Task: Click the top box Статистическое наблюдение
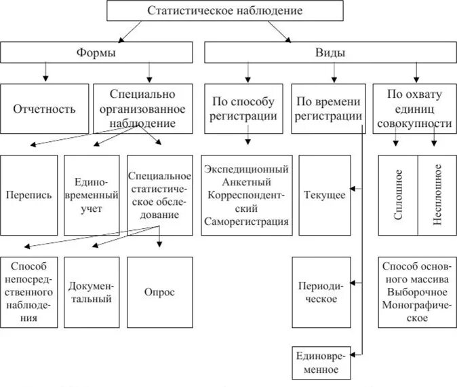tap(225, 11)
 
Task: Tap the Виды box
tap(330, 53)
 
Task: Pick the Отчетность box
tap(45, 109)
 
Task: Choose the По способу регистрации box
tap(244, 109)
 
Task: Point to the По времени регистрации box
tap(329, 109)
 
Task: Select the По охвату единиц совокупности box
tap(414, 109)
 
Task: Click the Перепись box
tap(29, 195)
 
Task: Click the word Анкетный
tap(245, 182)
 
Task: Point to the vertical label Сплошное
tap(398, 195)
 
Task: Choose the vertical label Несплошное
tap(437, 195)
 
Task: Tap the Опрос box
tap(159, 292)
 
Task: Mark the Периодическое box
tap(321, 292)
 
